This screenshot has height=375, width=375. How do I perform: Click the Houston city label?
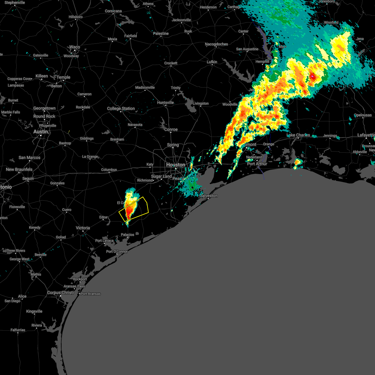pyautogui.click(x=175, y=165)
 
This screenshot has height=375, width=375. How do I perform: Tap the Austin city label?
pyautogui.click(x=41, y=132)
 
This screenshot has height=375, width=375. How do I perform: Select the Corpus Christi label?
pyautogui.click(x=61, y=293)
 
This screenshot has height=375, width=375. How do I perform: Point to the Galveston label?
pyautogui.click(x=208, y=196)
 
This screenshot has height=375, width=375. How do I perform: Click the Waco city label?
pyautogui.click(x=74, y=47)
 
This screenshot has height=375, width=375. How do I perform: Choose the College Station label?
pyautogui.click(x=121, y=109)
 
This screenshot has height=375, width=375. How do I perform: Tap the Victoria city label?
pyautogui.click(x=83, y=228)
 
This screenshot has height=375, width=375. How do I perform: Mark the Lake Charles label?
pyautogui.click(x=298, y=135)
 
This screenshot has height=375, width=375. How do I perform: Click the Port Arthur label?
pyautogui.click(x=257, y=164)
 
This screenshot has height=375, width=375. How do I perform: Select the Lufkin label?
pyautogui.click(x=212, y=62)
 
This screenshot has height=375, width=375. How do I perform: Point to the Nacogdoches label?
pyautogui.click(x=216, y=44)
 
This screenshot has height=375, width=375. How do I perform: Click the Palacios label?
pyautogui.click(x=127, y=235)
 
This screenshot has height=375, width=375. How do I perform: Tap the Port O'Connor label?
pyautogui.click(x=117, y=252)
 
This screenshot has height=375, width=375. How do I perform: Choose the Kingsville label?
pyautogui.click(x=34, y=311)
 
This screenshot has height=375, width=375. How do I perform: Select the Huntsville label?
pyautogui.click(x=165, y=102)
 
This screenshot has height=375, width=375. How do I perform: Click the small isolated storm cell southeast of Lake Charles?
pyautogui.click(x=297, y=162)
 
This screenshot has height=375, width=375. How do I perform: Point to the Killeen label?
pyautogui.click(x=42, y=76)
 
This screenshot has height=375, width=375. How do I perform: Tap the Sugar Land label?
pyautogui.click(x=161, y=177)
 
